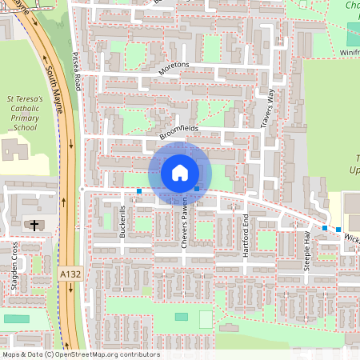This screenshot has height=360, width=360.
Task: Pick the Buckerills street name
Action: point(122,222)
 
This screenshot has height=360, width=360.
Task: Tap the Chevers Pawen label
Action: point(184,225)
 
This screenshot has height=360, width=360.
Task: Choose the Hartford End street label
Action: point(246,234)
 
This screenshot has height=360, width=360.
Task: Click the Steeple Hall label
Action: point(306,250)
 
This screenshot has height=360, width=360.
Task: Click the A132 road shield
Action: point(70,274)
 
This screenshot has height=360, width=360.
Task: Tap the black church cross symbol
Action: point(34,225)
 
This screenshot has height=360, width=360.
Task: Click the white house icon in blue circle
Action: point(180,173)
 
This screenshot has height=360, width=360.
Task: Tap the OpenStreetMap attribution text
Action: point(80,354)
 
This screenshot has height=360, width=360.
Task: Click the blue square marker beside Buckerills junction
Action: point(139,191)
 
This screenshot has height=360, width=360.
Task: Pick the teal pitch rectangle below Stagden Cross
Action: point(16,318)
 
